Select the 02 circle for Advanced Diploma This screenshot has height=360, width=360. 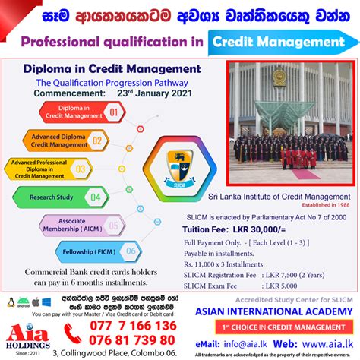[x=118, y=141]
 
